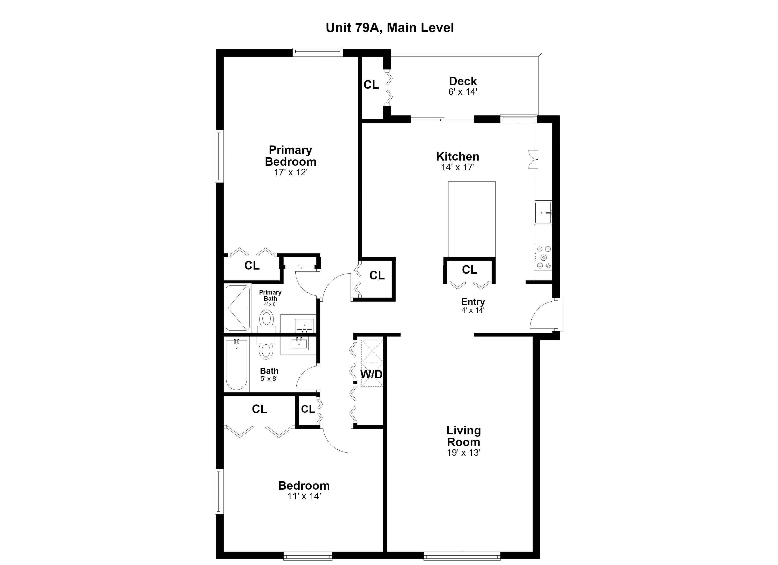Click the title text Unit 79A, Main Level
point(390,28)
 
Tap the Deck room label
point(463,81)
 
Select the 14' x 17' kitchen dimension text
point(458,167)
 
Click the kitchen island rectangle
point(472,219)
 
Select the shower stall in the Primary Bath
point(237,308)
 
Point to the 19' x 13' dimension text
point(463,453)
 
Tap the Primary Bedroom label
point(290,156)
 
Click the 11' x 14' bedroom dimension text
point(304,496)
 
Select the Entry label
point(473,302)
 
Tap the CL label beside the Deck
point(371,85)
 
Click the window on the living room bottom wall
point(462,556)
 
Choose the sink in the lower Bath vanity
point(299,343)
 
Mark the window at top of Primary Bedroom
point(318,52)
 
